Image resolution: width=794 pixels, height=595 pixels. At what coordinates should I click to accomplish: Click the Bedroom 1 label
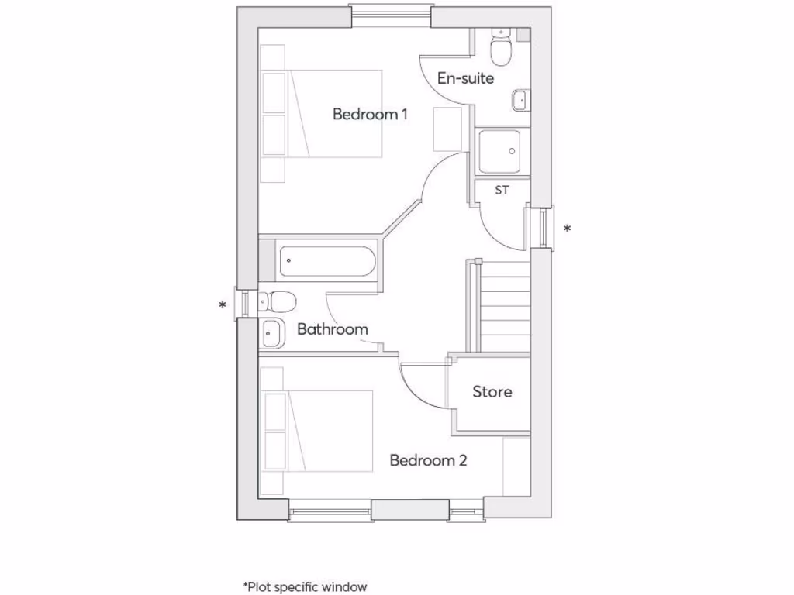(370, 115)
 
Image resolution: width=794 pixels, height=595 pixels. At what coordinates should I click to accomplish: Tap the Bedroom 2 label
(428, 461)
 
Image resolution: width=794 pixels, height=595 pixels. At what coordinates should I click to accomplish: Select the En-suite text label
(465, 78)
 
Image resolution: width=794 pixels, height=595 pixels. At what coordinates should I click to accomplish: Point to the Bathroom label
(332, 329)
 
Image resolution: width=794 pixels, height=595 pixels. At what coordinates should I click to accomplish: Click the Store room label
(492, 392)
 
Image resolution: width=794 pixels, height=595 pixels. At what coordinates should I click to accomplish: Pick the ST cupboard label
(502, 190)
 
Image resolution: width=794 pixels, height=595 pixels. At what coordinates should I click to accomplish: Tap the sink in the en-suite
(520, 100)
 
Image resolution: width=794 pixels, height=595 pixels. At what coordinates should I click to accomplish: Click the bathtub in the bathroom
(326, 260)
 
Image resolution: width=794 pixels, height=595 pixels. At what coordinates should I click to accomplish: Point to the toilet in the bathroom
(276, 299)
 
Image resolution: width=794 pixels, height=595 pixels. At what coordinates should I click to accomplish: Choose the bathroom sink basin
(271, 333)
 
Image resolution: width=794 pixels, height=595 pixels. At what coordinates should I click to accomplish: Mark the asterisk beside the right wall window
(568, 229)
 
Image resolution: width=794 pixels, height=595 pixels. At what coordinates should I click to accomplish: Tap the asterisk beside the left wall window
(223, 305)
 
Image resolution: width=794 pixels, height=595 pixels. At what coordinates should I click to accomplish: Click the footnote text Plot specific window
(305, 587)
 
